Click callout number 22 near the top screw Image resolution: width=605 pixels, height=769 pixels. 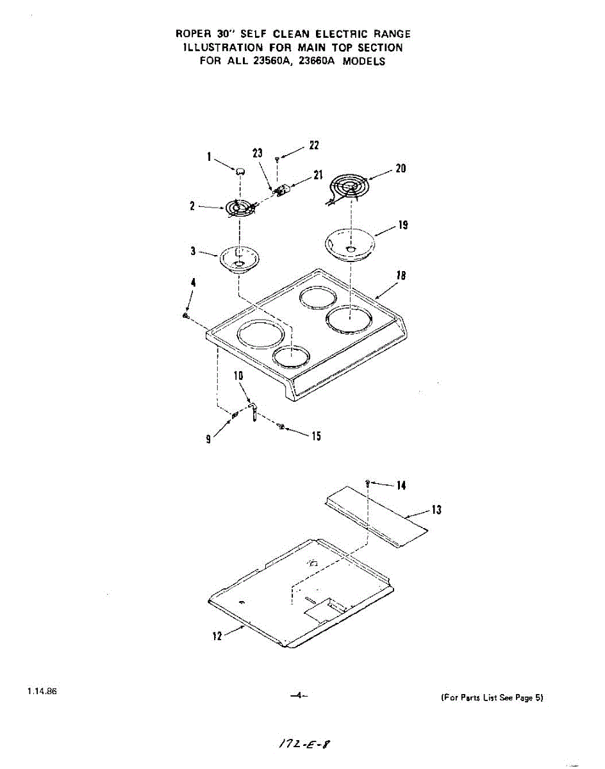click(314, 145)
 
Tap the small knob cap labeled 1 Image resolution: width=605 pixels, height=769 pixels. click(240, 170)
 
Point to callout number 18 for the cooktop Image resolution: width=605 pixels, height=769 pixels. click(401, 276)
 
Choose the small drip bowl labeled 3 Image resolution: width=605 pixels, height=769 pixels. click(240, 260)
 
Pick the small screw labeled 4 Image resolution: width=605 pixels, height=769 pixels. click(185, 315)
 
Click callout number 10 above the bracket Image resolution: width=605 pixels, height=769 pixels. click(238, 376)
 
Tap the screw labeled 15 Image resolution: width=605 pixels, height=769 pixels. click(281, 427)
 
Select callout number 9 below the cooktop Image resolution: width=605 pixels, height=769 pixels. click(208, 439)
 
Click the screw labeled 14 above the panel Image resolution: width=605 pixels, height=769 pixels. click(368, 482)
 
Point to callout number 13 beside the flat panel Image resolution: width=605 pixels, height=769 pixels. click(436, 510)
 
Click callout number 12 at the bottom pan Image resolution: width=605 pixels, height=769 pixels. click(217, 636)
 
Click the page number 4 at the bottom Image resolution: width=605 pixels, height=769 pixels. click(299, 695)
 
